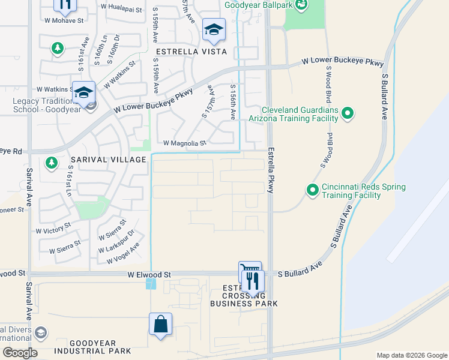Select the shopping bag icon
(161, 325)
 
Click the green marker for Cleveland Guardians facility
(348, 113)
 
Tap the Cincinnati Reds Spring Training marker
(312, 190)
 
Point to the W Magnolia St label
(185, 143)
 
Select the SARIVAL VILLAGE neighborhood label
(107, 160)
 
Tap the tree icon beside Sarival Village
(52, 163)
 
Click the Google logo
(20, 353)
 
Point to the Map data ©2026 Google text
(411, 355)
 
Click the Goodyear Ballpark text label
(259, 5)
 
